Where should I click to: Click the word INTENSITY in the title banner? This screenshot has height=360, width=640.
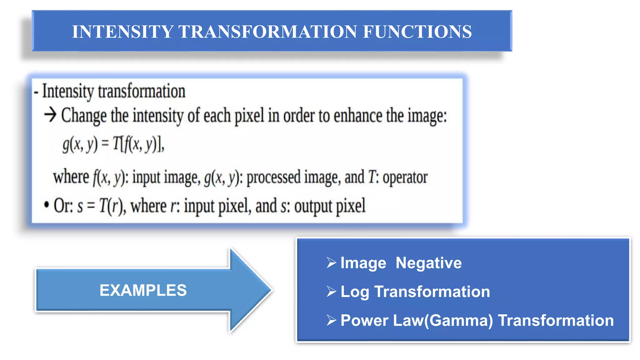(122, 32)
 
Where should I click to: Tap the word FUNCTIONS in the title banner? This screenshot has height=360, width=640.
(417, 32)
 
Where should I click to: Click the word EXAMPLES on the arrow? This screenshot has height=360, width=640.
(143, 290)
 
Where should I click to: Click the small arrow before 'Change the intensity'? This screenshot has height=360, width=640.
(50, 115)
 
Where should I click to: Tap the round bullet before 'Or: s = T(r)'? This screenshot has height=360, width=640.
(47, 205)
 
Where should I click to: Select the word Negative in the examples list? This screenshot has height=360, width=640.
(428, 263)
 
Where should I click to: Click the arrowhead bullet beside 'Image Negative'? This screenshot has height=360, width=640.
(331, 262)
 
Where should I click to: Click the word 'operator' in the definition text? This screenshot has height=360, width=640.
(405, 177)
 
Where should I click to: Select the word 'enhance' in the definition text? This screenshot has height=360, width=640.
(358, 116)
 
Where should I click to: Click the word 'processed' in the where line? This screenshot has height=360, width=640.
(273, 177)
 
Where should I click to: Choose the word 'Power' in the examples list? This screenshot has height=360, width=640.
(364, 321)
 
